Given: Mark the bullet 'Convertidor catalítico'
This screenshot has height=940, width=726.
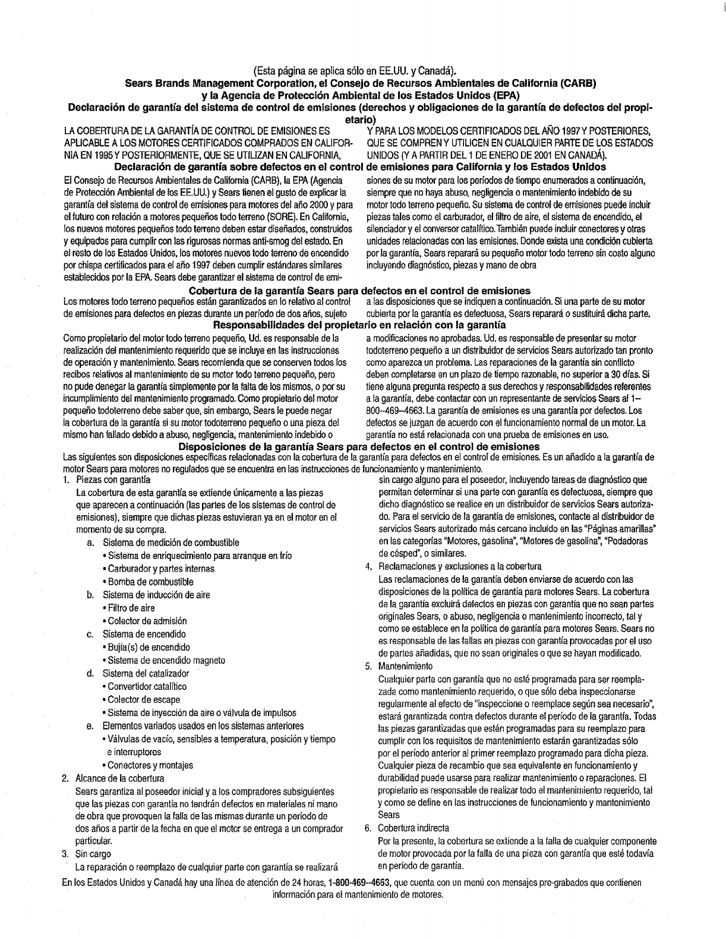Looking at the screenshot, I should tap(147, 686).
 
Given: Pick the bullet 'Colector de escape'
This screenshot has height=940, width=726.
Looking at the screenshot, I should tap(143, 699).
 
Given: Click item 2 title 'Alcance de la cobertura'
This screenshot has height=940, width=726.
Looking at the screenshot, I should tap(119, 778).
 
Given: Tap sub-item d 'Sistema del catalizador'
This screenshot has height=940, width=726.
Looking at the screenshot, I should tap(146, 673).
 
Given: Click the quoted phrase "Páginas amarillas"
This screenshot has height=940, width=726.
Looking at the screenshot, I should tap(617, 529).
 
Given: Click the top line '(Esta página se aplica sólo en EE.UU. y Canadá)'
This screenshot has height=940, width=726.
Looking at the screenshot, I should tap(359, 73).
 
